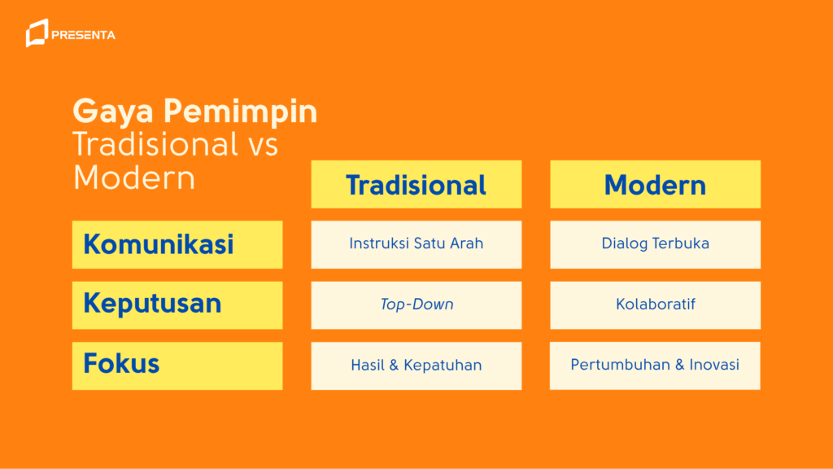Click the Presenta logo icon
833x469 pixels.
click(37, 33)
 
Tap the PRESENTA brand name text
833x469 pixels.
click(83, 35)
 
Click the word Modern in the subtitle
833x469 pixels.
click(133, 178)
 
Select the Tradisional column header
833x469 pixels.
click(416, 185)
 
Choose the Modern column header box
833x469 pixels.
click(655, 185)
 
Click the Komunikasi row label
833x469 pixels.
click(159, 244)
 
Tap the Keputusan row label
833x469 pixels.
click(152, 304)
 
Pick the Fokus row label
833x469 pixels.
click(121, 363)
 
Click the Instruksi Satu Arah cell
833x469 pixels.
click(416, 244)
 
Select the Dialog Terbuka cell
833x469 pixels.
click(655, 244)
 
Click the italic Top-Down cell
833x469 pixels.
click(416, 305)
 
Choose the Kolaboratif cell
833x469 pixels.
click(655, 305)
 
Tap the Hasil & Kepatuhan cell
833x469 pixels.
click(416, 366)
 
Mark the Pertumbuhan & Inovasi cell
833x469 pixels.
click(655, 365)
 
